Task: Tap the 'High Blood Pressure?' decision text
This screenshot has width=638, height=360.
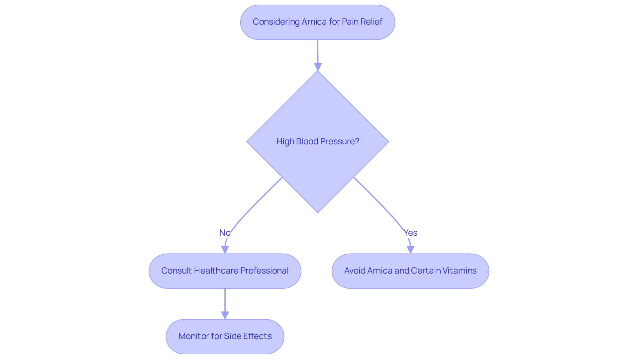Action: click(317, 142)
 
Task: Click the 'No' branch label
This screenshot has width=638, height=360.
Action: click(225, 233)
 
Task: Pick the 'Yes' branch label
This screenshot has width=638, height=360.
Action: click(410, 233)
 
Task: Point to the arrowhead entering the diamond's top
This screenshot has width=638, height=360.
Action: click(318, 67)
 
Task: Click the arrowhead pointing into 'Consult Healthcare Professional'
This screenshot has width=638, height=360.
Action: click(225, 250)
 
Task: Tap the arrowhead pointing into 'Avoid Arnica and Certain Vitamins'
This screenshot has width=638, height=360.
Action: click(410, 250)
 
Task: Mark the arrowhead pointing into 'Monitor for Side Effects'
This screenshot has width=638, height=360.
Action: click(225, 315)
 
